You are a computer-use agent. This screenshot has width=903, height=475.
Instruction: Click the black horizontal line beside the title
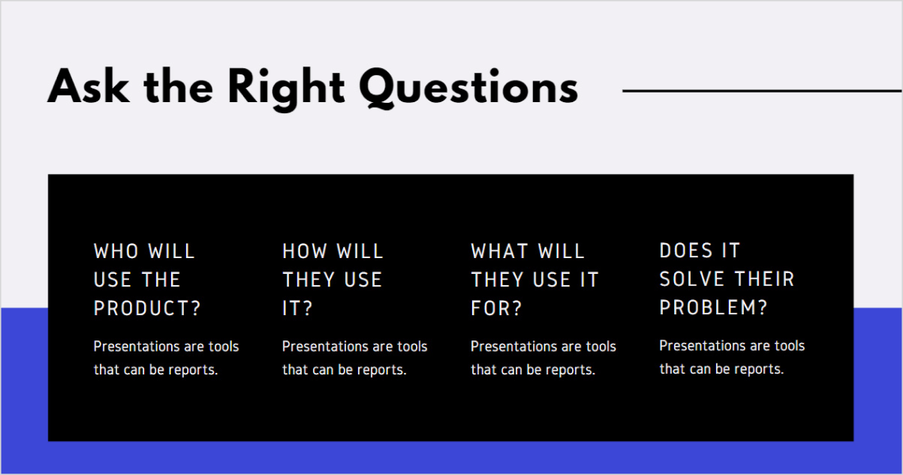tap(760, 91)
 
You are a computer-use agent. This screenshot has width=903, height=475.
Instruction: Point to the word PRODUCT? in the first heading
tap(147, 309)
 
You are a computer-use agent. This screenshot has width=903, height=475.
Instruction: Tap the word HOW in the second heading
tap(305, 252)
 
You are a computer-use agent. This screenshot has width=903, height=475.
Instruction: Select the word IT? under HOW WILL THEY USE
tap(297, 309)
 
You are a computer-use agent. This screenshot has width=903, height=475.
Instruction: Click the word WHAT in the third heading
tap(500, 252)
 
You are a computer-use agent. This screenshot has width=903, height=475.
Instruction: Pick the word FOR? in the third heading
tap(497, 309)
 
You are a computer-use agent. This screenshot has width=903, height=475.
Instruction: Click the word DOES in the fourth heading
tap(686, 251)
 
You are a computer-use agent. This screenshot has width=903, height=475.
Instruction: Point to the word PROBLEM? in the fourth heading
tap(713, 308)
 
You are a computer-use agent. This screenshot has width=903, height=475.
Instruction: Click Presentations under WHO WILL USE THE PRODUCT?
tap(137, 347)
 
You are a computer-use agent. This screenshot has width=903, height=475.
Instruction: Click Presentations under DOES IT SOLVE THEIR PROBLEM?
tap(703, 346)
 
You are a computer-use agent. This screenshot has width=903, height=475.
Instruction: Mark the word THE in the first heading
tap(162, 280)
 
